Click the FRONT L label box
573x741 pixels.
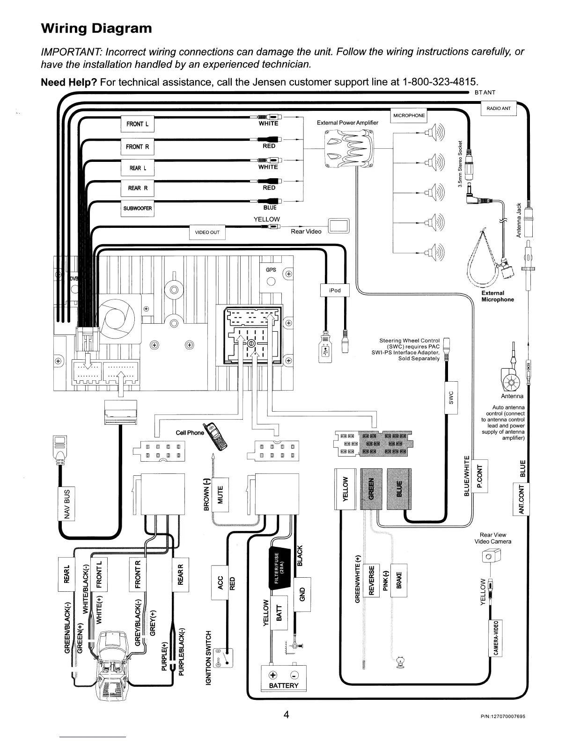137,124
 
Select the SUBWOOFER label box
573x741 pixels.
137,208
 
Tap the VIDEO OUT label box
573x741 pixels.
207,232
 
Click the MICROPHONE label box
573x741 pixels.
409,116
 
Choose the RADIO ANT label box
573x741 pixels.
499,109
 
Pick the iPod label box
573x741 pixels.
335,290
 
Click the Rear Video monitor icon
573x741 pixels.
339,225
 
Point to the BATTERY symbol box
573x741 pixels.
284,676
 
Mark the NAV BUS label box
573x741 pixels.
66,504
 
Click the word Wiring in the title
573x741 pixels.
64,29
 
